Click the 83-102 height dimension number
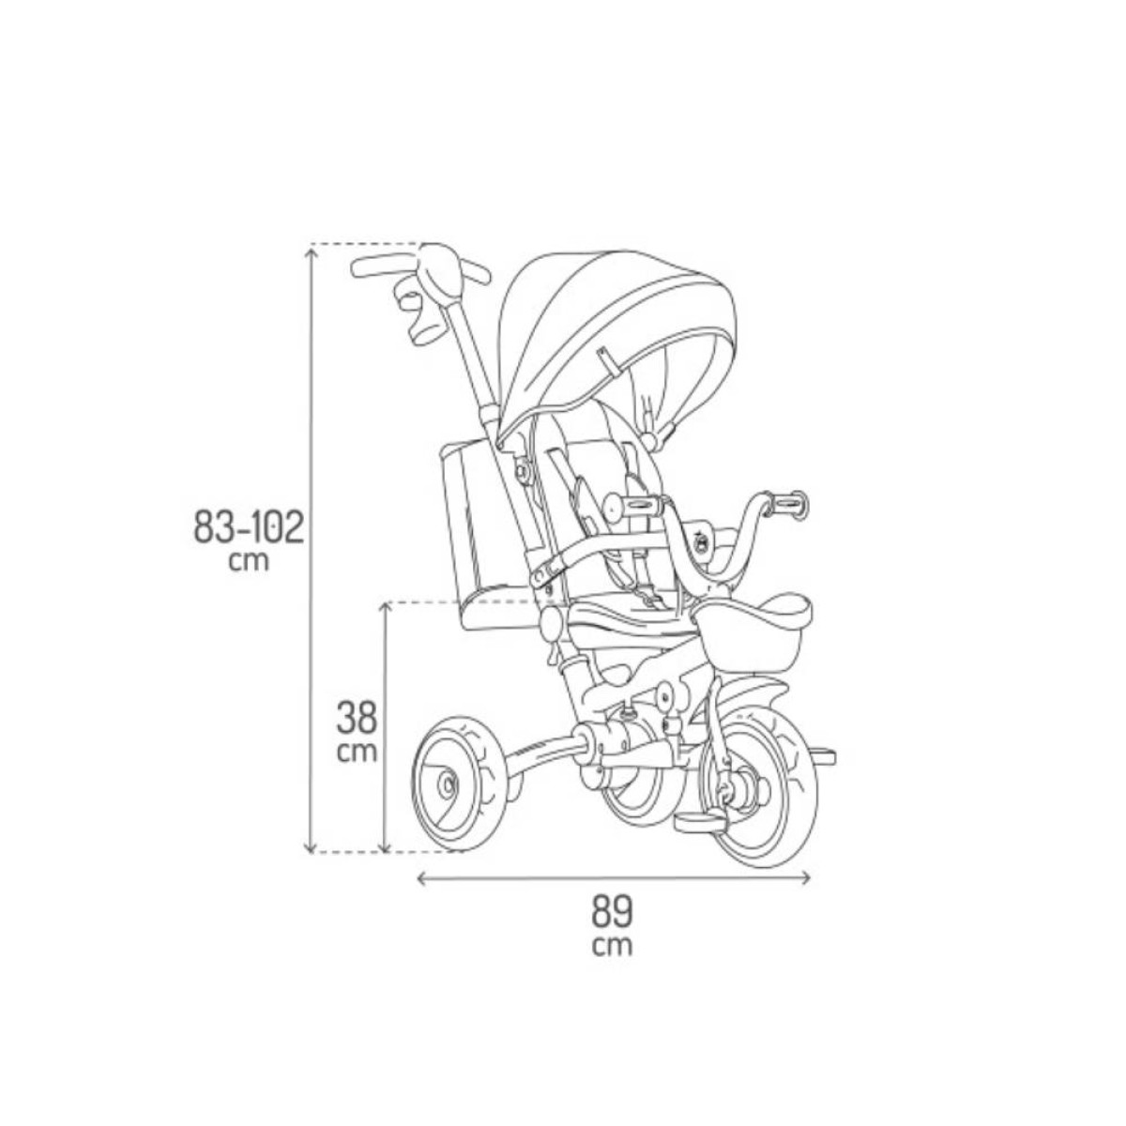(x=249, y=528)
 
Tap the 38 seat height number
(x=356, y=718)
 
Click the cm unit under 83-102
(x=249, y=561)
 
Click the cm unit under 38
(x=357, y=753)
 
